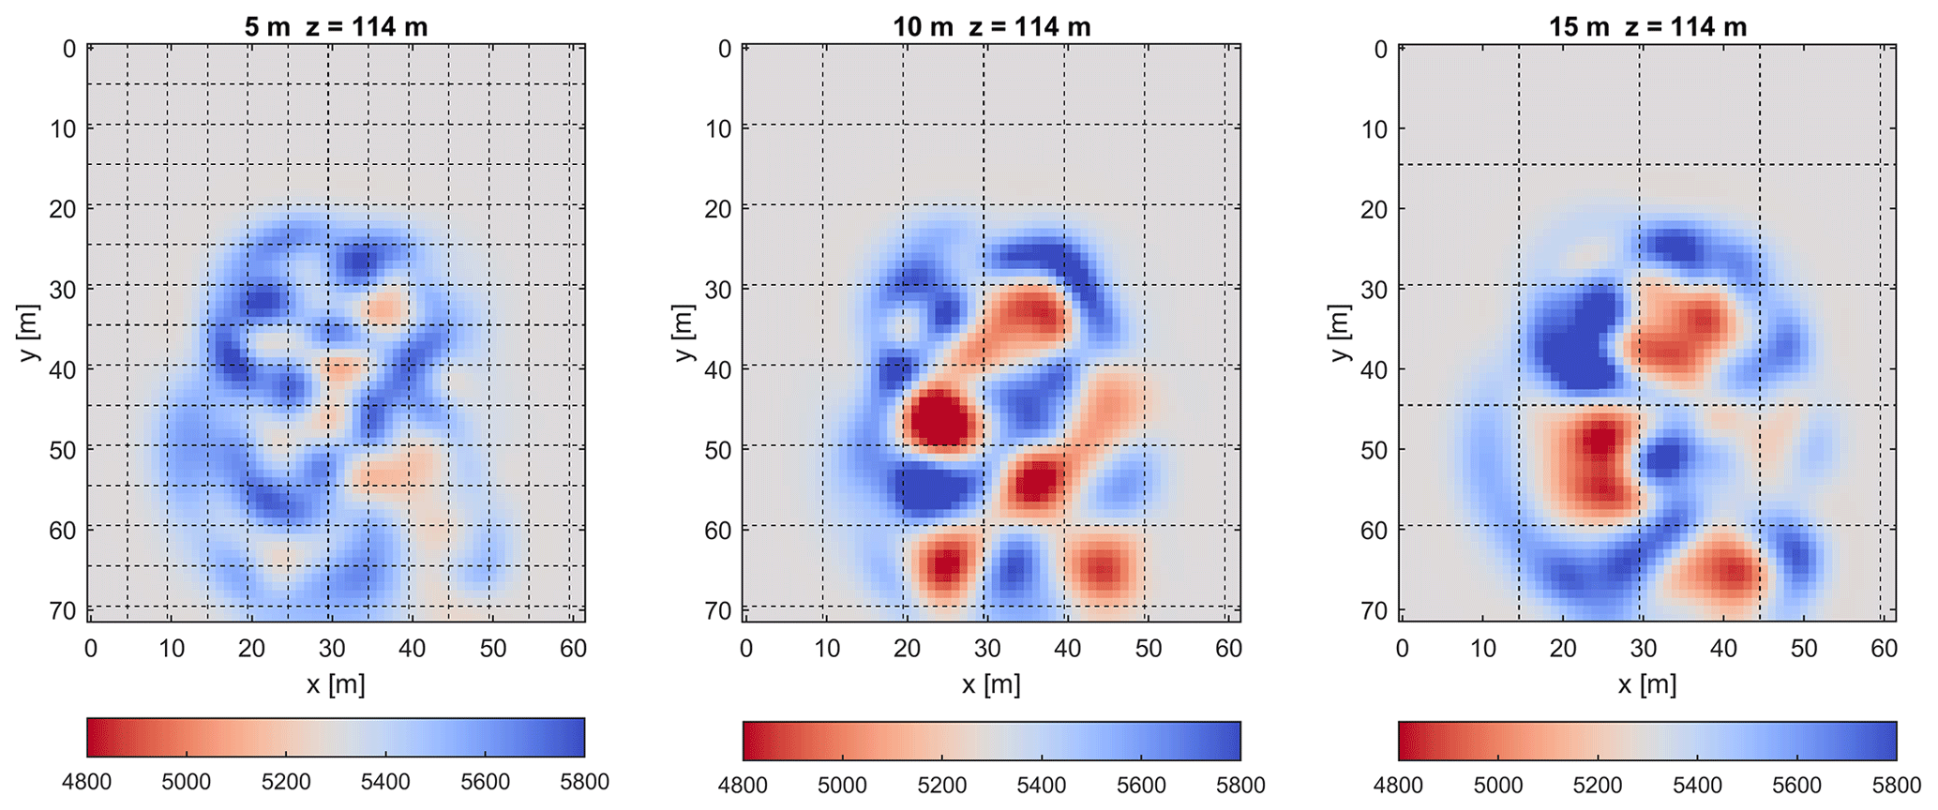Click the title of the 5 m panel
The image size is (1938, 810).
tap(336, 26)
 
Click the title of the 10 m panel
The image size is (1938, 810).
tap(991, 26)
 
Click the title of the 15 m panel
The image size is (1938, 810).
tap(1647, 26)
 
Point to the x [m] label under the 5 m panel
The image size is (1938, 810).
tap(336, 684)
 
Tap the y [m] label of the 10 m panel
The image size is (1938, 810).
tap(684, 333)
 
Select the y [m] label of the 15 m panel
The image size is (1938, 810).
tap(1341, 333)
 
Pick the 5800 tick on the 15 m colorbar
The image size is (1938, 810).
tap(1895, 785)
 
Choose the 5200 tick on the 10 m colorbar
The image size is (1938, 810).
tap(941, 785)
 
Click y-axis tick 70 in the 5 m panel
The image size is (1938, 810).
tap(63, 610)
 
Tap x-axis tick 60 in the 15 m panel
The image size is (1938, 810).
tap(1885, 648)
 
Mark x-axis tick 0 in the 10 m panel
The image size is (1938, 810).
tap(746, 648)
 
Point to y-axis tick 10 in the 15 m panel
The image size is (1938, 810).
tap(1374, 128)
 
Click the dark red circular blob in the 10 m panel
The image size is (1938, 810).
tap(940, 419)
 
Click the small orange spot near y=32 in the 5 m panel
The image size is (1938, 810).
tap(384, 307)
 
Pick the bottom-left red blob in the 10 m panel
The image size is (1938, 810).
tap(944, 564)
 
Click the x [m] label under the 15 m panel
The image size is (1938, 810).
tap(1647, 684)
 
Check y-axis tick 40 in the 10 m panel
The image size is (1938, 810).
tap(718, 368)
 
